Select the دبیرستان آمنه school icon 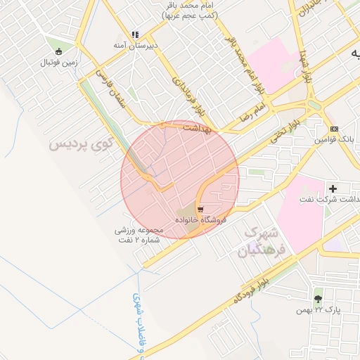pos(135,34)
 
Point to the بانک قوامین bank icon pos(334,129)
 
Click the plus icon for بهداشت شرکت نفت pos(333,188)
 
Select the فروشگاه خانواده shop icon pos(201,210)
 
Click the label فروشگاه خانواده pos(201,221)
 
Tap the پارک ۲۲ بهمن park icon pos(318,298)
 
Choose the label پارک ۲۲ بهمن pos(318,309)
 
